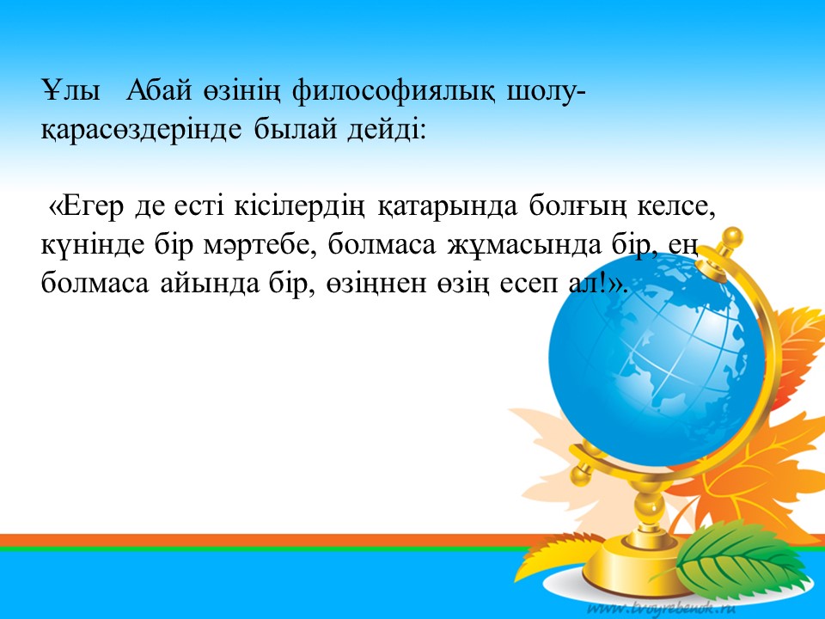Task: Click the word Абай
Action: (159, 91)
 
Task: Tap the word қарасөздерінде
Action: (141, 130)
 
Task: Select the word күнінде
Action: (93, 246)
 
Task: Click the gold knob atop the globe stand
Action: (732, 236)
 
